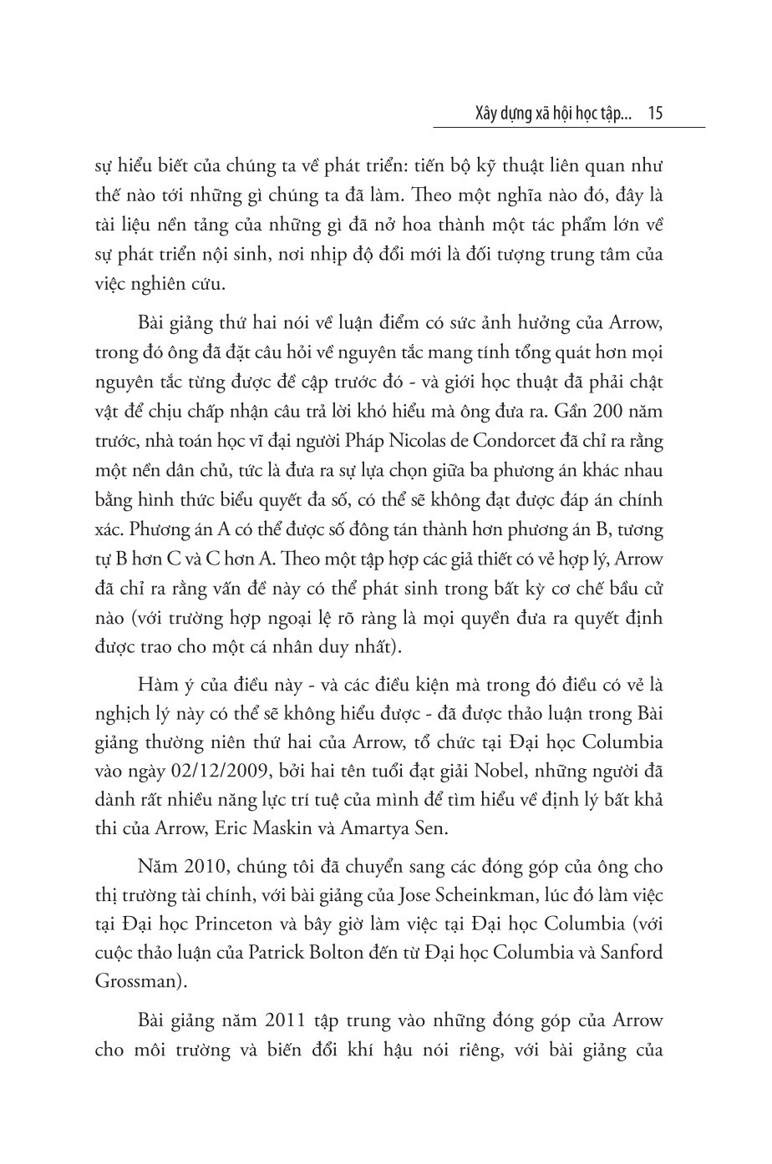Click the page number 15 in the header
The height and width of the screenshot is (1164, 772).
655,113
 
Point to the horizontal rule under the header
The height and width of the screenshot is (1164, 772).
569,128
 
